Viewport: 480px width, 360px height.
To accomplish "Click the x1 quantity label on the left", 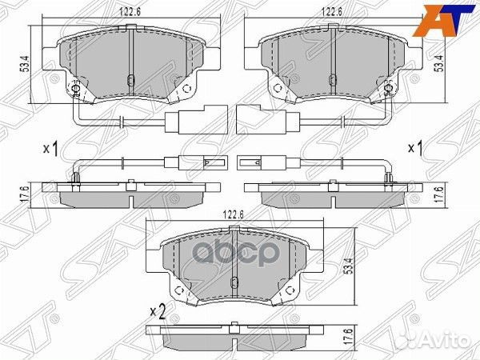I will [51, 149].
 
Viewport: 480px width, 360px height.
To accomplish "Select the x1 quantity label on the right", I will [416, 149].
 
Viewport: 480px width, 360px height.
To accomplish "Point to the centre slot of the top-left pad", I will [130, 78].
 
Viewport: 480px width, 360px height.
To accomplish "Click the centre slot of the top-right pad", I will [337, 78].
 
